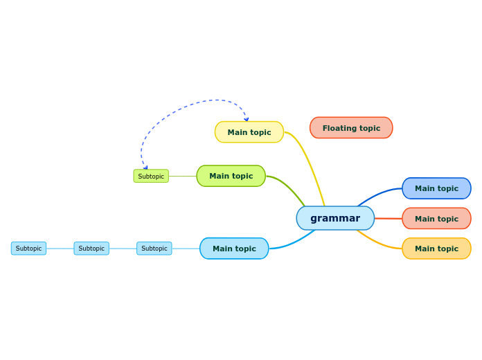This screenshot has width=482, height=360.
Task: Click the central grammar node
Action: coord(335,218)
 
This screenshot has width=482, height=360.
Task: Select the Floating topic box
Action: coord(351,128)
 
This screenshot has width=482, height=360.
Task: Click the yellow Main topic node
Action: coord(249,132)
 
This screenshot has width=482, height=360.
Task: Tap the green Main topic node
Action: coord(231,176)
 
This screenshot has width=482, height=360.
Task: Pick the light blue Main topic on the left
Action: coord(234,249)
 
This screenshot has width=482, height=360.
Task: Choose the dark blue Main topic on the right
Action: coord(436,188)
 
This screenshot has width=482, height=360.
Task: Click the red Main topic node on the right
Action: coord(436,219)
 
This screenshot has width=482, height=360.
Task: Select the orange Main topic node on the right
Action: coord(436,249)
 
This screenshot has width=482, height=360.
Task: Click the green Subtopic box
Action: coord(151,177)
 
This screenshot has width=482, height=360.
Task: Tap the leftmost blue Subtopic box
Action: coord(28,249)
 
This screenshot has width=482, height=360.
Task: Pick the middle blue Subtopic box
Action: coord(91,249)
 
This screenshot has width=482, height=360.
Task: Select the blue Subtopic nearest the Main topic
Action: coord(154,249)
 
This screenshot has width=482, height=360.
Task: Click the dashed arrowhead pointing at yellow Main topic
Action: coord(246,119)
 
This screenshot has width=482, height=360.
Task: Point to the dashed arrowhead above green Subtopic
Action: coord(145,167)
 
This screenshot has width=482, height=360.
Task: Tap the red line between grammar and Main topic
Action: coord(388,219)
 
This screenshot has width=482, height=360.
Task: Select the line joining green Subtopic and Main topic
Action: coord(182,176)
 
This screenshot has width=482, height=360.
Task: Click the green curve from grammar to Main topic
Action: coord(291,188)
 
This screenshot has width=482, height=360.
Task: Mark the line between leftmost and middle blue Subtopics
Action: coord(60,249)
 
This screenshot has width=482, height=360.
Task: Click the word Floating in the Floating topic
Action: coord(338,128)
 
